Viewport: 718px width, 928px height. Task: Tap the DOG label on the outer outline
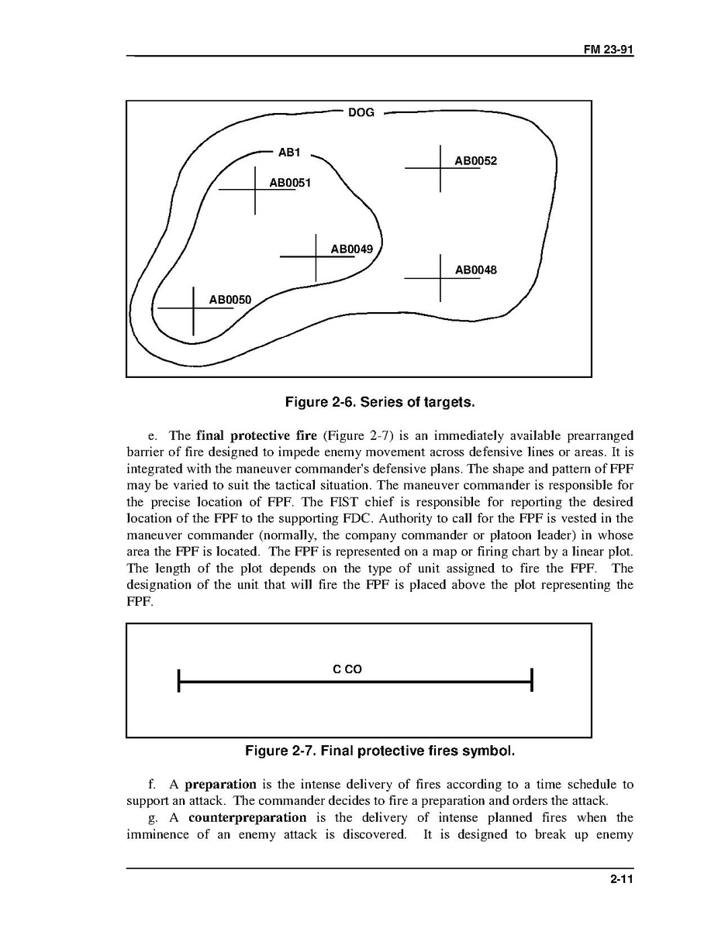coord(361,113)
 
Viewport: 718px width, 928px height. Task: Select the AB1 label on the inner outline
coord(288,153)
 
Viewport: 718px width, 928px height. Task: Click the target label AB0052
coord(475,161)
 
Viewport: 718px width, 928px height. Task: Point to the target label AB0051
coord(289,184)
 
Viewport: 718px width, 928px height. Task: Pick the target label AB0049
coord(351,249)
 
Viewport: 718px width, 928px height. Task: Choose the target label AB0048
coord(475,270)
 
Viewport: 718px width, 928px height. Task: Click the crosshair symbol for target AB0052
coord(440,168)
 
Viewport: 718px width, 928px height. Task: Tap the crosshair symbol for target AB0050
coord(193,309)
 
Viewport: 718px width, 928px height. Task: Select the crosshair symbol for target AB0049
coord(316,256)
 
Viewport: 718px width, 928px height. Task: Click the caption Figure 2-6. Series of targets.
coord(380,402)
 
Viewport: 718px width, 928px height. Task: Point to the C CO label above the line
coord(347,669)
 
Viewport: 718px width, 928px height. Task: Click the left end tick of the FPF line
coord(179,681)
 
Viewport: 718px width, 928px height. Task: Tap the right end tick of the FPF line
coord(532,681)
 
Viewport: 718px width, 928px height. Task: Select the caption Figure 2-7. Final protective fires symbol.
coord(380,751)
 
